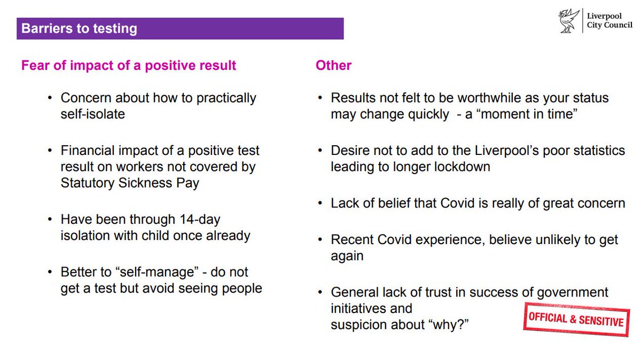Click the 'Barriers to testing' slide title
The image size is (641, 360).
(x=79, y=28)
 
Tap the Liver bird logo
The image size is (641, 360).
(x=567, y=22)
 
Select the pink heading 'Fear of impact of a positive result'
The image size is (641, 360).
(x=128, y=66)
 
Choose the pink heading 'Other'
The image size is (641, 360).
(x=333, y=66)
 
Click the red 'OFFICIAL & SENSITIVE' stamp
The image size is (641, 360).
(x=576, y=319)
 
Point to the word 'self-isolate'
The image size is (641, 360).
(x=92, y=114)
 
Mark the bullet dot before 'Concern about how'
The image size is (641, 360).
(x=50, y=99)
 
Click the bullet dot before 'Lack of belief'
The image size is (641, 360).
(x=320, y=204)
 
